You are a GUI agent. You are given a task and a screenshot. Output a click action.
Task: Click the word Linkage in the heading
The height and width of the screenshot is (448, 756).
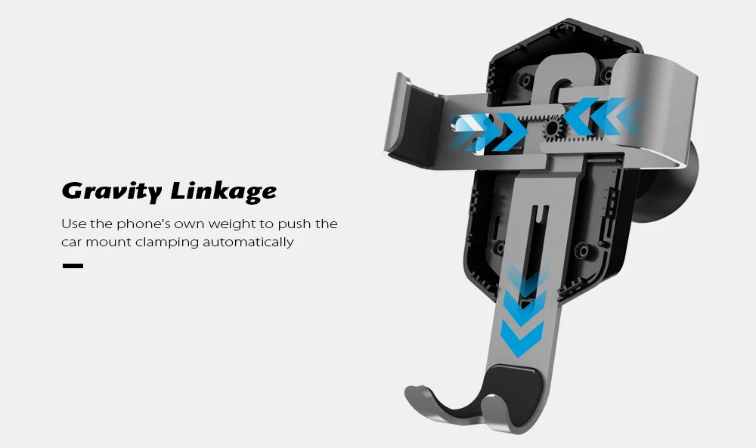coord(224,191)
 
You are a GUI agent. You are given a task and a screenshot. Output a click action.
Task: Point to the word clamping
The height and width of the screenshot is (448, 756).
coord(167,243)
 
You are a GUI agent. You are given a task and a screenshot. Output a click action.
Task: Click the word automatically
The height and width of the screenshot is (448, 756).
coord(248,243)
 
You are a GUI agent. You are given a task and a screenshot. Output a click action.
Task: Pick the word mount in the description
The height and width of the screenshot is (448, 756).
coord(108,243)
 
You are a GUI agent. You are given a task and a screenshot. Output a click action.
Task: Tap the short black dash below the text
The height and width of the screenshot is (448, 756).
coord(73,265)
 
